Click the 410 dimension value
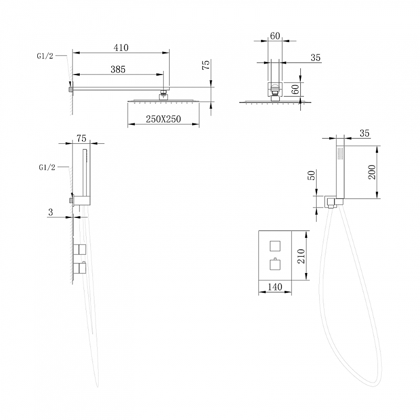click(x=121, y=48)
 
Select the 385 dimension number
click(x=117, y=69)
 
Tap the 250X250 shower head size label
click(x=163, y=119)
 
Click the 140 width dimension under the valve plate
click(x=275, y=287)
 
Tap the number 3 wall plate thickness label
click(x=50, y=212)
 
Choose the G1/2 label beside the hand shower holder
click(x=47, y=167)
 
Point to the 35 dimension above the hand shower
click(x=365, y=134)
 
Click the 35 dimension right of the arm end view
click(x=315, y=58)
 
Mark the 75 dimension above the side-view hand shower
click(x=81, y=139)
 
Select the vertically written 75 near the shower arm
click(x=206, y=65)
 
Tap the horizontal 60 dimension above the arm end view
click(x=275, y=36)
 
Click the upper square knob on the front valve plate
click(x=275, y=245)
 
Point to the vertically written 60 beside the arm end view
click(x=295, y=89)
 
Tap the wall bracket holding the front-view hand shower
click(x=331, y=202)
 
